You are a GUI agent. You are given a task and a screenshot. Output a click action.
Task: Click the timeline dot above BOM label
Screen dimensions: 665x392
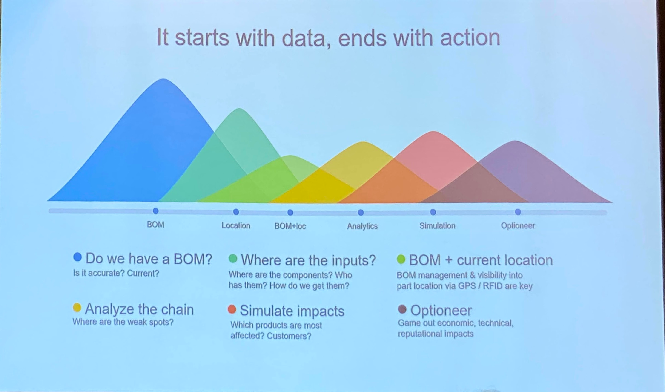[x=156, y=211]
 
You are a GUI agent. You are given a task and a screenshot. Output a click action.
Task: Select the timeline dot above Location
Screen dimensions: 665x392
[x=236, y=212]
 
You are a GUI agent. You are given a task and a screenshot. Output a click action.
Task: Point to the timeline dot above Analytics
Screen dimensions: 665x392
[x=361, y=212]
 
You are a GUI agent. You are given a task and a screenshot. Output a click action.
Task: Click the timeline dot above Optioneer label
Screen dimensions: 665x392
[x=518, y=212]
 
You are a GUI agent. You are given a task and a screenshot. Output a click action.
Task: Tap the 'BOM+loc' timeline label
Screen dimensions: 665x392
[x=290, y=226]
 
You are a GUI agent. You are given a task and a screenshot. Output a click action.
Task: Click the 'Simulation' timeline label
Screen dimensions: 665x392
[x=437, y=226]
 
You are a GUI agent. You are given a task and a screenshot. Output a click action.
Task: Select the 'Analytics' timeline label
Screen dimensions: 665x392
[x=362, y=226]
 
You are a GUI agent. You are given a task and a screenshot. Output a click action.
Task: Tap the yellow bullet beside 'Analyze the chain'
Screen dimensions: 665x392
[x=77, y=308]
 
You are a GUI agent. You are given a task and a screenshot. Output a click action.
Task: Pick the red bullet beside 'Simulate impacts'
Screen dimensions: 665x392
[x=232, y=309]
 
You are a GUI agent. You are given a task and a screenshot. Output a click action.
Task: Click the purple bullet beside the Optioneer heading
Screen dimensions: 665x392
[x=402, y=309]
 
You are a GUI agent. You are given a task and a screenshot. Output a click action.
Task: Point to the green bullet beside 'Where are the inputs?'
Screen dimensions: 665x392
[x=233, y=258]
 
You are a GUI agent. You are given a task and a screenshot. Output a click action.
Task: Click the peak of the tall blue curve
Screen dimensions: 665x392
[x=164, y=79]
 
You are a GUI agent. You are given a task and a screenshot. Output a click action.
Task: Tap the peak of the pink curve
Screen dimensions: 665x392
[x=433, y=132]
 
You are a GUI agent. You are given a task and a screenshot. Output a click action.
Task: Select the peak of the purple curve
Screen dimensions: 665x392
[x=515, y=141]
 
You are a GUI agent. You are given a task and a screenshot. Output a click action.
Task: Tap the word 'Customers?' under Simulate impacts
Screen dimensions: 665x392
[x=289, y=336]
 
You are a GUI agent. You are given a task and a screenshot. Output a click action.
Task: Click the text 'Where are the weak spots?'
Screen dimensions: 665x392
[x=123, y=322]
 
